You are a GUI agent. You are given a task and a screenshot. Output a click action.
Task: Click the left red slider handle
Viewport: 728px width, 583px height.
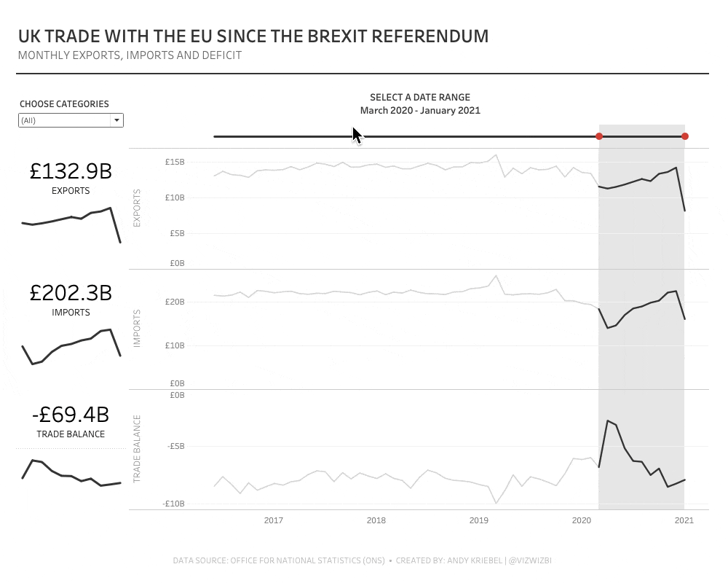point(599,136)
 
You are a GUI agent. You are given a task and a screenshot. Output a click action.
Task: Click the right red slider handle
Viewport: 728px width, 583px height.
point(685,136)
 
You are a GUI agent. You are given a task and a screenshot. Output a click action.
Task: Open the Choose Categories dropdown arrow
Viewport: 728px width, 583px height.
point(116,120)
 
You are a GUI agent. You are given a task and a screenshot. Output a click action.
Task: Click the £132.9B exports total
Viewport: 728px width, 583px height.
point(71,171)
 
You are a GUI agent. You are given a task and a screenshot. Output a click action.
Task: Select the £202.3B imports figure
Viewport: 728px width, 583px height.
point(71,293)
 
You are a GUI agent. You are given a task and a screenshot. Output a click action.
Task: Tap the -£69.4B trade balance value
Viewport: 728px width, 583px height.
point(71,415)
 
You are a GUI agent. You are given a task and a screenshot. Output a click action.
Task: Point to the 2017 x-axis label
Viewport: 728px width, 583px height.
point(274,520)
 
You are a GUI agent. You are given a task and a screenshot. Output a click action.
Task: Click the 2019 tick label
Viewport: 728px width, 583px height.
point(479,520)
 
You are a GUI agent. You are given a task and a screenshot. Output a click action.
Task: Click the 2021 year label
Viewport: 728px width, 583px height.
point(684,520)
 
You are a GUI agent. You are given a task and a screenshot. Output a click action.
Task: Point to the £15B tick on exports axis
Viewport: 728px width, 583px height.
point(175,162)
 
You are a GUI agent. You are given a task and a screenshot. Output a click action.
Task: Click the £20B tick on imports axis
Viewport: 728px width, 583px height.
point(175,302)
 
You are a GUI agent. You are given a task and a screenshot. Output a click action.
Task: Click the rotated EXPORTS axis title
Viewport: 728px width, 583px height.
point(138,208)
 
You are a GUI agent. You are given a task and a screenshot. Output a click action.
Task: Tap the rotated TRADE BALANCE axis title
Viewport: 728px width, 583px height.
point(138,450)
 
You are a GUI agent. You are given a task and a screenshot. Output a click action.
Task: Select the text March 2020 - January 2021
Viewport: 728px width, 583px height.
point(420,111)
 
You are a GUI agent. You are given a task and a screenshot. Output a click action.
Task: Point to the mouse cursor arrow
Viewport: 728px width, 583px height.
point(356,134)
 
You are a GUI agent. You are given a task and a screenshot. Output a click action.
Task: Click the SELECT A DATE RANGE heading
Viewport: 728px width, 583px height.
point(420,97)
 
